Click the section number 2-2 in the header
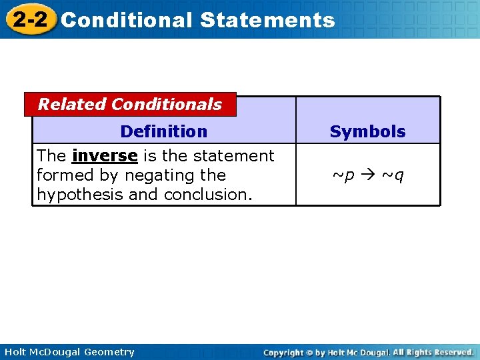coord(30,19)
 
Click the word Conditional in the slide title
coord(127,20)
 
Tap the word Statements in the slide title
coord(267,20)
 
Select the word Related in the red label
coord(72,105)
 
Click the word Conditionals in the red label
coord(167,105)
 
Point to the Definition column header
coord(163,131)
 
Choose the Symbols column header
coord(367,132)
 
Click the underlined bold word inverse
coord(105,156)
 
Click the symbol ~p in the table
coord(343,175)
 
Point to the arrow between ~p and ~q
coord(367,175)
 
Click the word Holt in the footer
coord(15,352)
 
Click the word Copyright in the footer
coord(284,352)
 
